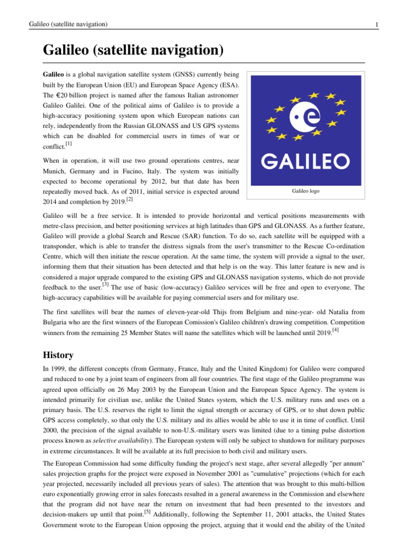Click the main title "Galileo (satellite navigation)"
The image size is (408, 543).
(x=132, y=51)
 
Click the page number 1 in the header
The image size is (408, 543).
(x=376, y=25)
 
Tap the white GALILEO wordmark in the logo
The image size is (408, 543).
(x=306, y=160)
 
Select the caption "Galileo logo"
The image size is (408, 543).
(x=306, y=191)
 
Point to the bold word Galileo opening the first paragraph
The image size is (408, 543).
(x=53, y=74)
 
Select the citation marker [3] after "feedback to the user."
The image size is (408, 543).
(x=106, y=285)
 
